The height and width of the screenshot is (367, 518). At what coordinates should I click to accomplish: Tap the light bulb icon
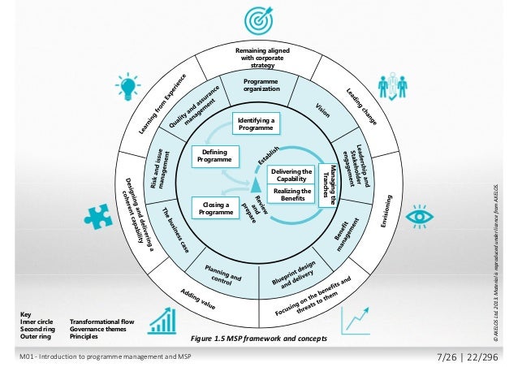[127, 87]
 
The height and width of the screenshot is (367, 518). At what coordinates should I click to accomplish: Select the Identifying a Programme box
[256, 123]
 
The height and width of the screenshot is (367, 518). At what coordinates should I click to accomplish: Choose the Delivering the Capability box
[291, 175]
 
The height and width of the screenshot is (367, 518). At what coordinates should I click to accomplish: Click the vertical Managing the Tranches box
[329, 186]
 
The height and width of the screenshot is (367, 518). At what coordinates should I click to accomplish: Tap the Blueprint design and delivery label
[292, 278]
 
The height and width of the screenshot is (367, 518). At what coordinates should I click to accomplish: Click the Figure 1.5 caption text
[257, 338]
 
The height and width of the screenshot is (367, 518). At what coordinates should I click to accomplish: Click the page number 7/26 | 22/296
[469, 358]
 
